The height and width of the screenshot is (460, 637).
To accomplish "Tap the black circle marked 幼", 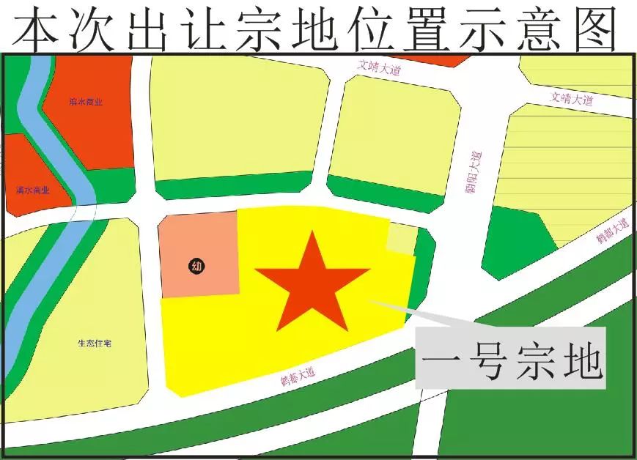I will pyautogui.click(x=196, y=266).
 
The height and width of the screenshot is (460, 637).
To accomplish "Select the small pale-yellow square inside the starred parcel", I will pyautogui.click(x=401, y=238).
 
